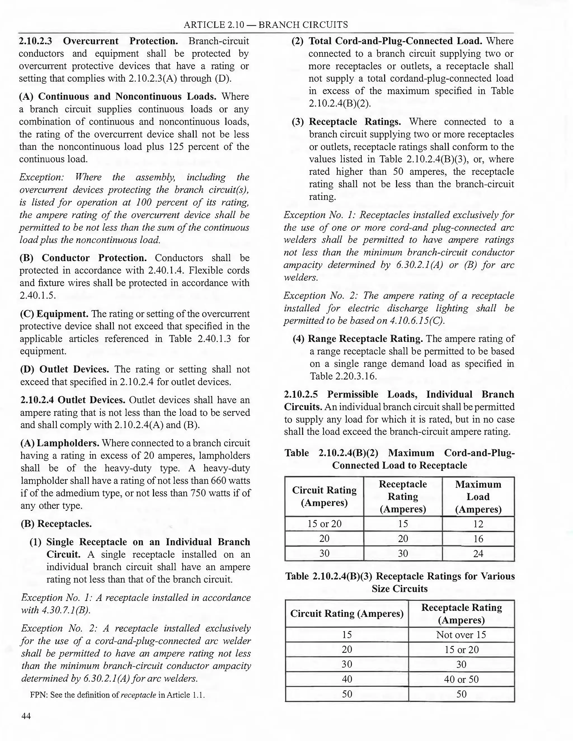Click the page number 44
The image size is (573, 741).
pos(26,716)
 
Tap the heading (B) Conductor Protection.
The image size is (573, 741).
pos(83,258)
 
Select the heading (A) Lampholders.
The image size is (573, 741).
pos(60,443)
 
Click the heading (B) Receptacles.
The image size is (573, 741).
pos(56,523)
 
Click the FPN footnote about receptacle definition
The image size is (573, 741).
pos(118,695)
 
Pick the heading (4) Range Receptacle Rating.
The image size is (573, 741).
pos(358,339)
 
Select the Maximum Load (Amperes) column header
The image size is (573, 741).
pos(478,497)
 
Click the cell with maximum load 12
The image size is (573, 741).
pos(478,524)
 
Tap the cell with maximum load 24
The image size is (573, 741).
pos(478,554)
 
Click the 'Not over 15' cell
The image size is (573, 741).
pos(461,635)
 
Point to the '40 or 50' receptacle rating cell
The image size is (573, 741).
pos(461,679)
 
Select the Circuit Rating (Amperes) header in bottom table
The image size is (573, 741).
pos(347,613)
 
